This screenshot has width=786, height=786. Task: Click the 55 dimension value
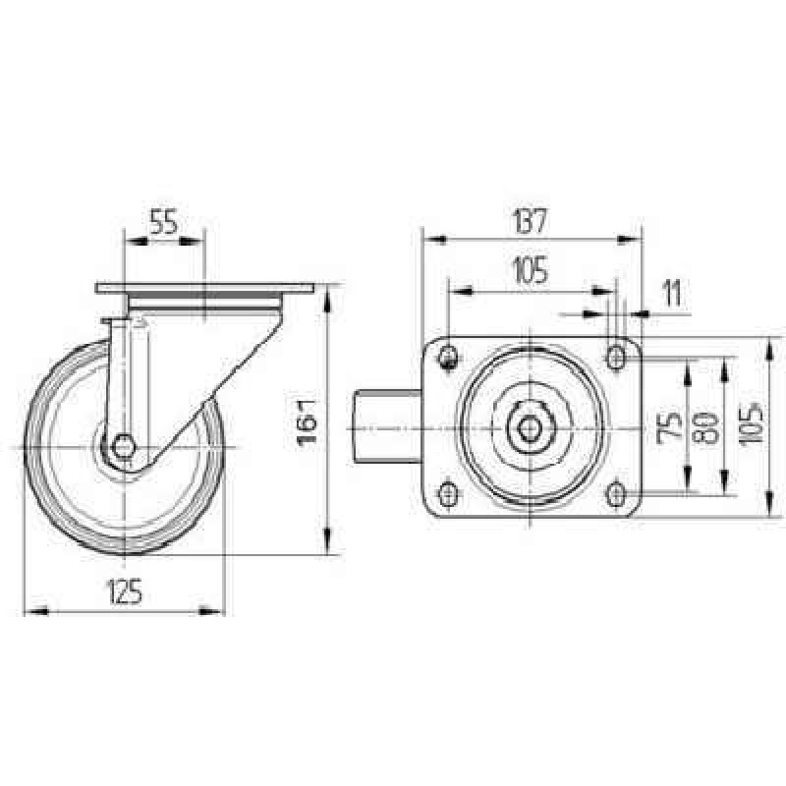[164, 222]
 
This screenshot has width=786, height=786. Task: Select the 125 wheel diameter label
[124, 591]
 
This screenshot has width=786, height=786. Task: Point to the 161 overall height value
[307, 421]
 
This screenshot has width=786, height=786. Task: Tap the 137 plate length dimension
[531, 221]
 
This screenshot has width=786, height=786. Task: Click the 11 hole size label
[672, 294]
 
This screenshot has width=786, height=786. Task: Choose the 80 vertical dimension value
[705, 428]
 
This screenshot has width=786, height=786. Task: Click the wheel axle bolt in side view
[123, 446]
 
